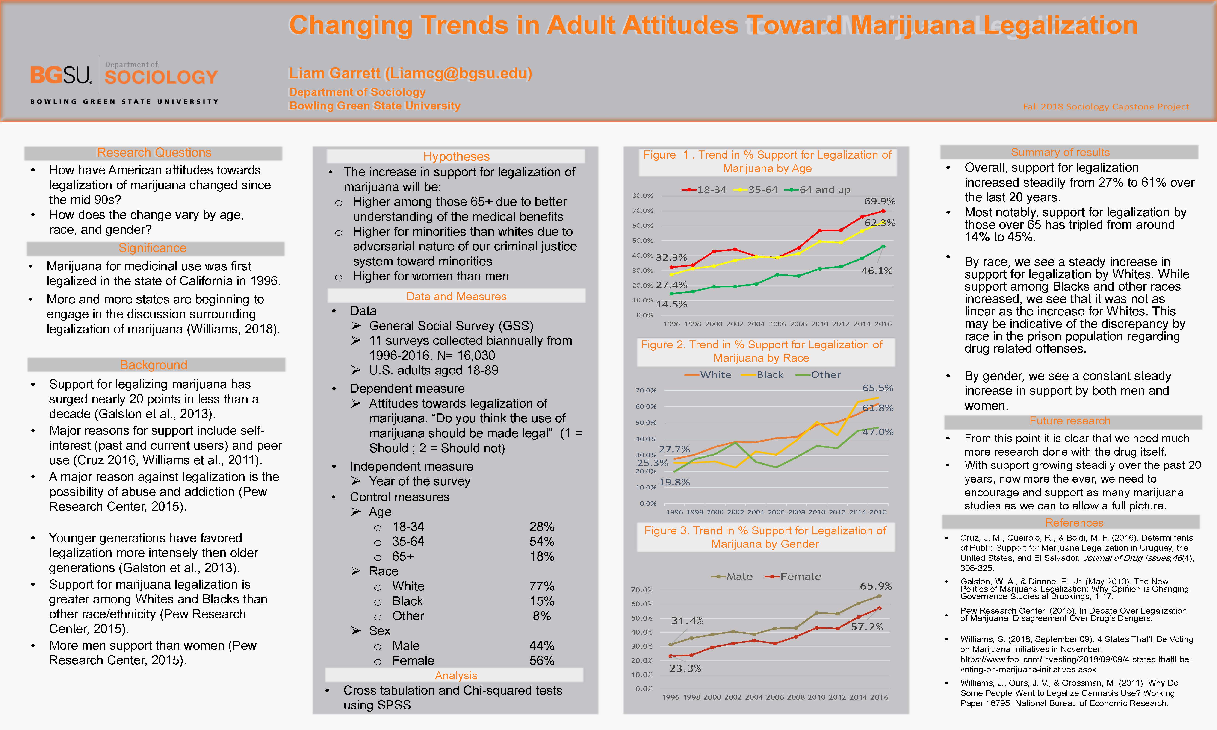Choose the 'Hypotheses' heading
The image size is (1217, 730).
(x=457, y=156)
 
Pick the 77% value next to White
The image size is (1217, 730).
(x=542, y=586)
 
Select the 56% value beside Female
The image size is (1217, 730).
(x=542, y=661)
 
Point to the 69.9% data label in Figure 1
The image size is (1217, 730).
(x=880, y=201)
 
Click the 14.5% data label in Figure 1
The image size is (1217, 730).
(x=671, y=304)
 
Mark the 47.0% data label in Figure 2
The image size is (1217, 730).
(x=877, y=432)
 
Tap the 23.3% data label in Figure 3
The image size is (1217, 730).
(x=685, y=668)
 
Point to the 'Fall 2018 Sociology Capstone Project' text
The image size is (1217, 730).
(x=1106, y=107)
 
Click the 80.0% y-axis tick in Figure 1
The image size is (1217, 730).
(x=642, y=196)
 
